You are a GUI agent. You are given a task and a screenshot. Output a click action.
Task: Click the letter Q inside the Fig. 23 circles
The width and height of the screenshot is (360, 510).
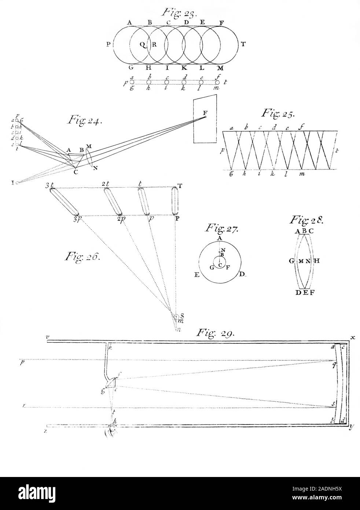(142, 45)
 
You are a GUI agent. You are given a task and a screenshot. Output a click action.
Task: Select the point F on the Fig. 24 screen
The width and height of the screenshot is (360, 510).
(205, 117)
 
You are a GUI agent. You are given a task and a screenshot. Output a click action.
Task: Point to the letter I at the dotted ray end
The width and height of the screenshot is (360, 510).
(13, 182)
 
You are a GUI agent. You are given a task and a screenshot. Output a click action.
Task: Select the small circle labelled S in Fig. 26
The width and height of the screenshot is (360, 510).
(176, 316)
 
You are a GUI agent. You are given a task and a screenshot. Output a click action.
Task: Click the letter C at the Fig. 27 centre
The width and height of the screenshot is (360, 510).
(220, 265)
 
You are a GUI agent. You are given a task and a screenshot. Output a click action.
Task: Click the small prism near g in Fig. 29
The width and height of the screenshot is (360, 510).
(111, 383)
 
